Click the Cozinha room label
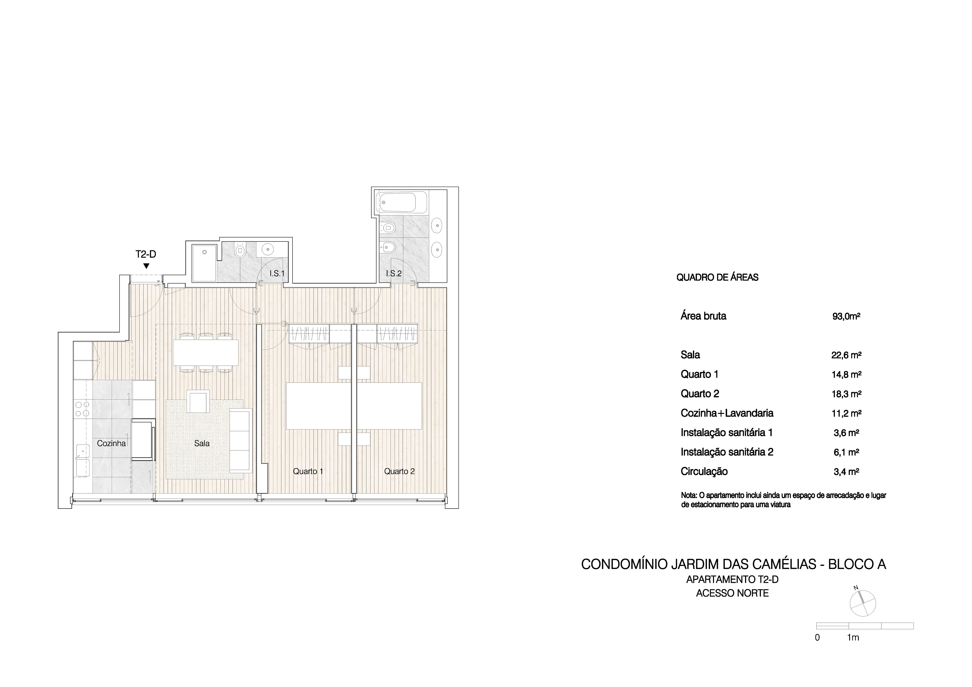[x=111, y=443]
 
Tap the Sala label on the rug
[x=202, y=443]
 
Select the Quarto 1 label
[x=308, y=471]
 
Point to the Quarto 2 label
[x=399, y=471]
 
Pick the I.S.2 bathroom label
[x=394, y=274]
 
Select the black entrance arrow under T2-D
[x=146, y=266]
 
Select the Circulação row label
[x=704, y=471]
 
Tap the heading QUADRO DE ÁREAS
[x=717, y=278]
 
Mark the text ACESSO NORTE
[x=732, y=593]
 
